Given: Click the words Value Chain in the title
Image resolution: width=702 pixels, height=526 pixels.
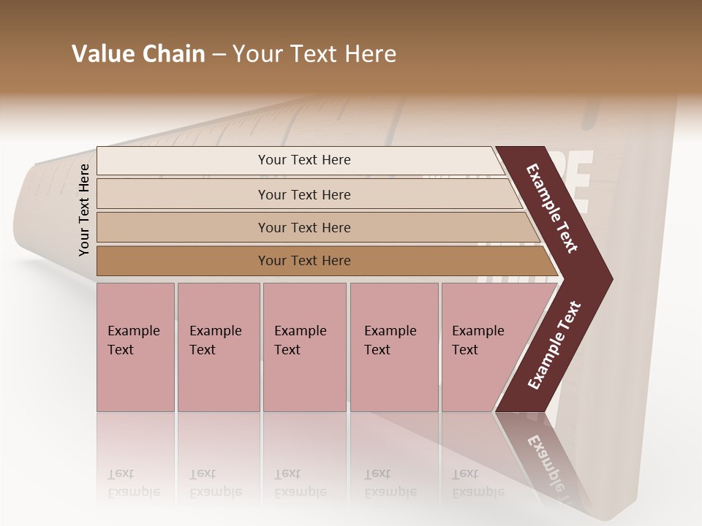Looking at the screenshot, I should point(138,54).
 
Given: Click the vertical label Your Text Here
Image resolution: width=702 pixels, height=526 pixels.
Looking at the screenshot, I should point(84,210).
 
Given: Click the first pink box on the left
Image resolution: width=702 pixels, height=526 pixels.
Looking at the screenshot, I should point(135,347).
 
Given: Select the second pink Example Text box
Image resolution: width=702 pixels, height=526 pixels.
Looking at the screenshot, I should point(218,347).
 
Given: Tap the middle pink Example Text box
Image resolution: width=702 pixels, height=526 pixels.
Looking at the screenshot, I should point(304,347).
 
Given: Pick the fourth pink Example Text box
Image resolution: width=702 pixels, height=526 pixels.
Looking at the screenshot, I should point(393,347).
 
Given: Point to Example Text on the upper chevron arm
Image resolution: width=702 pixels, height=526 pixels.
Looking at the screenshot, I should point(553,207).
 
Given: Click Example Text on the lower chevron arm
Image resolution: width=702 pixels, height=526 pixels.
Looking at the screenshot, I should point(554,346).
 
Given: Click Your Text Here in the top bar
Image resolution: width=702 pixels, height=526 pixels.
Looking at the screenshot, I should point(304,160).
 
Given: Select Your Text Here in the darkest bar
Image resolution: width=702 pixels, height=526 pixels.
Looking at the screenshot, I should point(304,261).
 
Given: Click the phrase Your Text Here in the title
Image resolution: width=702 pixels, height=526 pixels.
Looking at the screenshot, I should point(314,54).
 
